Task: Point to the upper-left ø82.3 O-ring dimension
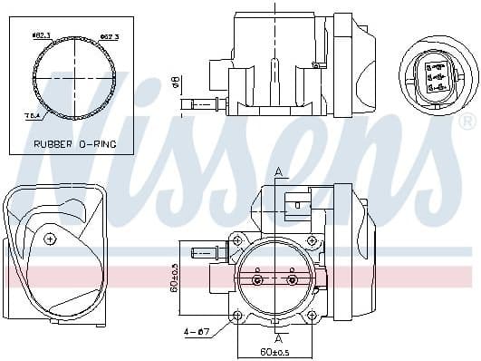point(40,35)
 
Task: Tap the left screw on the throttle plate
point(257,280)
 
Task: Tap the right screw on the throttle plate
point(291,280)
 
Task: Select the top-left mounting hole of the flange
point(237,241)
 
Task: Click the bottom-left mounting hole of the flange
point(237,316)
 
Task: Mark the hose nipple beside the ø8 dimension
point(200,105)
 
